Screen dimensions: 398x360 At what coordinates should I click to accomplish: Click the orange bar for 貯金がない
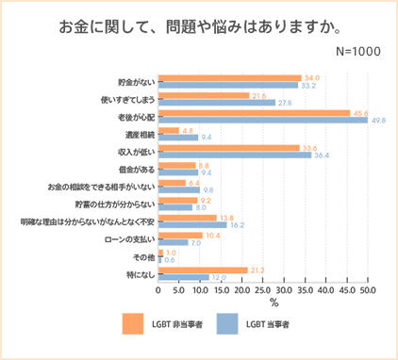tap(230, 78)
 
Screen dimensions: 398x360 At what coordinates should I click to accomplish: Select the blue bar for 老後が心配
tap(263, 121)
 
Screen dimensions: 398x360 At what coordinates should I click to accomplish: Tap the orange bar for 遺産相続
tap(169, 130)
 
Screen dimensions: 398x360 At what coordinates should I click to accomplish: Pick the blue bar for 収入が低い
tap(235, 155)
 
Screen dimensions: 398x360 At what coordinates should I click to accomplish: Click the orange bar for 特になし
tap(203, 270)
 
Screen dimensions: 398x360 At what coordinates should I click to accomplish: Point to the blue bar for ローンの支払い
tap(174, 242)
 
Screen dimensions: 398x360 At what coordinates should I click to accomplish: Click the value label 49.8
tap(378, 121)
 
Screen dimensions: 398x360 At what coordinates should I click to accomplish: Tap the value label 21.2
tap(257, 270)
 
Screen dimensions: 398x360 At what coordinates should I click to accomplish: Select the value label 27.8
tap(285, 103)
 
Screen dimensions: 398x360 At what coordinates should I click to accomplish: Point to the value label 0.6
tap(170, 260)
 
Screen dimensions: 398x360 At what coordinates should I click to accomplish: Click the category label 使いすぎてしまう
tap(127, 100)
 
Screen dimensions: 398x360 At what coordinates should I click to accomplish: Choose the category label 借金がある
tap(137, 170)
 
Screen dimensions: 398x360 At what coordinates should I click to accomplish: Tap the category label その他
tap(144, 257)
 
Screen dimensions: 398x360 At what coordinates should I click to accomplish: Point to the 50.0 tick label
tap(368, 290)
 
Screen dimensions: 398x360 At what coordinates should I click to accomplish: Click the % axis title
tap(274, 303)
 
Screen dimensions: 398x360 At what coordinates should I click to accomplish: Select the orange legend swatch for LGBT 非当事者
tap(133, 323)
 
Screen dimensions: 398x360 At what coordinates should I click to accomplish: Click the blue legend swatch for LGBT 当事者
tap(227, 323)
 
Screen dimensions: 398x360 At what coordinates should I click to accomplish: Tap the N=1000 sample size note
tap(358, 52)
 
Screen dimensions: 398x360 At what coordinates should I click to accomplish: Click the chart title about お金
tap(200, 27)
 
